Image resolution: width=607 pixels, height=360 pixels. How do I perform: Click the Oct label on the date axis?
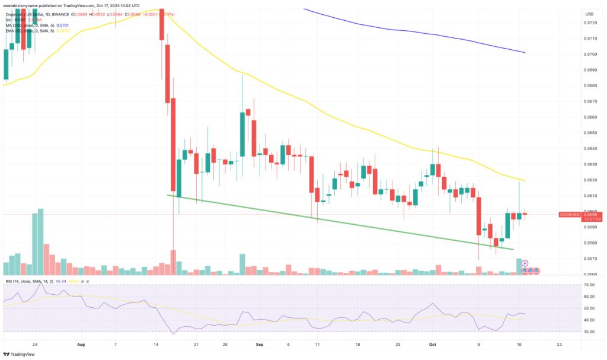tap(433, 343)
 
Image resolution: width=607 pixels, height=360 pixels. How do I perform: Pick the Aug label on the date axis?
tap(81, 343)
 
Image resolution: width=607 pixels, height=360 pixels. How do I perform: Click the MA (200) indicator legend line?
tap(30, 26)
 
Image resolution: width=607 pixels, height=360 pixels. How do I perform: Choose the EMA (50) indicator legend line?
tap(30, 32)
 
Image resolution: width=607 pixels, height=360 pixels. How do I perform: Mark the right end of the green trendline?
tap(513, 250)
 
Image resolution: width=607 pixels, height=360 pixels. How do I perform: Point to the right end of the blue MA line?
tap(525, 53)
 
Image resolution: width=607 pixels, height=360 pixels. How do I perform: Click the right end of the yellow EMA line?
tap(525, 180)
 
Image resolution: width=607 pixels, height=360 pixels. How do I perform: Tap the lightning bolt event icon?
tap(525, 262)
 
